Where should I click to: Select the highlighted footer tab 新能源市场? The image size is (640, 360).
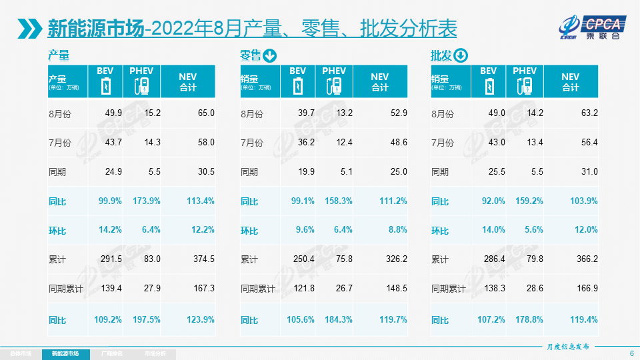point(65,353)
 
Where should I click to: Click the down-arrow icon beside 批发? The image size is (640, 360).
point(461,55)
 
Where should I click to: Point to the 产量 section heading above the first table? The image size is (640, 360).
point(59,55)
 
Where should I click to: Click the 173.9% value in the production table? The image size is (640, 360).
point(145,201)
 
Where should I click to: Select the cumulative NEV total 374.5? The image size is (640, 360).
point(201,259)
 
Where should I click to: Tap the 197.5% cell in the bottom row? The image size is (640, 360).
point(145,319)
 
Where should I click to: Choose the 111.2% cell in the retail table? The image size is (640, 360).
point(393,201)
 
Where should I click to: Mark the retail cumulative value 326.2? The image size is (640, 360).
point(394,259)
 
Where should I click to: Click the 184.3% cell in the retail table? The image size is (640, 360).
point(337,319)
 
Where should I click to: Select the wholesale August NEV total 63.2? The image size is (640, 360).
point(585,113)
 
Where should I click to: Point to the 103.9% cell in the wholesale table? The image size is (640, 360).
point(584,201)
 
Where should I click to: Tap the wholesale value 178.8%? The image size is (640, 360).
point(529,319)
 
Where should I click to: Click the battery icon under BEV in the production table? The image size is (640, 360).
point(106,87)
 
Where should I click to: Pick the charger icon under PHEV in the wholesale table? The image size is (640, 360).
point(525,87)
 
